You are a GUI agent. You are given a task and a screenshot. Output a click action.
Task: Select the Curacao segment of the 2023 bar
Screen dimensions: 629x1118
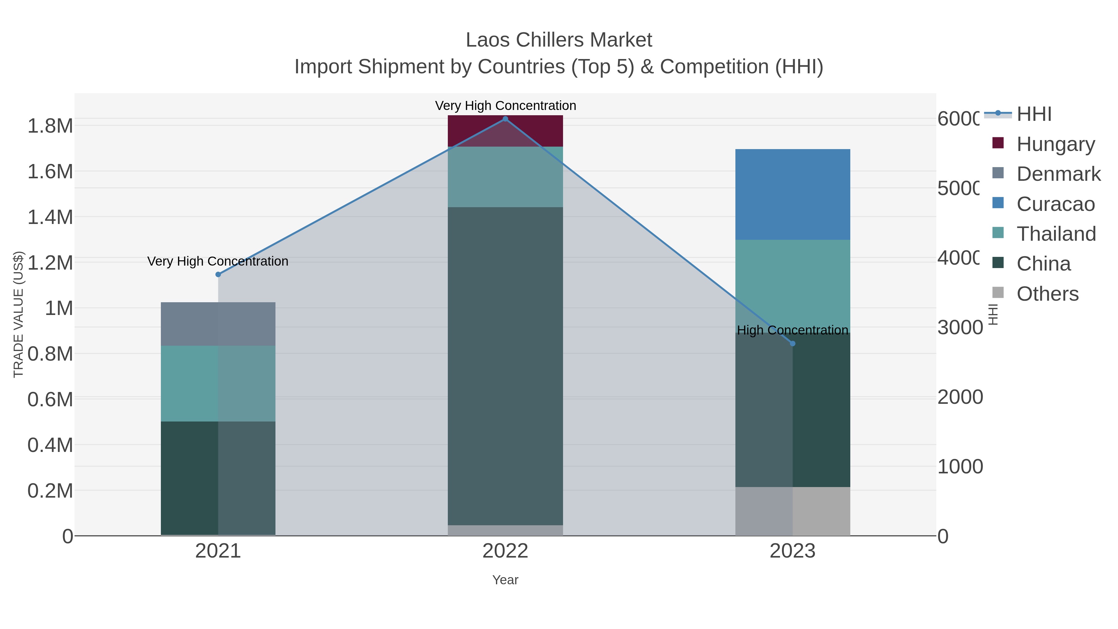[793, 194]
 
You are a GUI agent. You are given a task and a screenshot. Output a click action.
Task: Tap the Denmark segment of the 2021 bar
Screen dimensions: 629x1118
[218, 324]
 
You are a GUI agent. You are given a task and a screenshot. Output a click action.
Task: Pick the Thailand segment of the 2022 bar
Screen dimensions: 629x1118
[505, 177]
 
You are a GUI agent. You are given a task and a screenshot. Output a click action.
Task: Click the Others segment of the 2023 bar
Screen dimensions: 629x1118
[793, 511]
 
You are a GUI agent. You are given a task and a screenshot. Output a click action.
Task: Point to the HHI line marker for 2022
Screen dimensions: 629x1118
[505, 119]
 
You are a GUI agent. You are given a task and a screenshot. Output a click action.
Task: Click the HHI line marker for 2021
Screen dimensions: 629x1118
[218, 274]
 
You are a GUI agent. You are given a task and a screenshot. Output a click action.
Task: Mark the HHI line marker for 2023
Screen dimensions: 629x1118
[793, 343]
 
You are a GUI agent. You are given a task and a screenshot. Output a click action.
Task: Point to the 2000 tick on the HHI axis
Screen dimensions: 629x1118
[960, 397]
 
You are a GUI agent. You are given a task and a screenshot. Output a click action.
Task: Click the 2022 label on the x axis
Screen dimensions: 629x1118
[505, 551]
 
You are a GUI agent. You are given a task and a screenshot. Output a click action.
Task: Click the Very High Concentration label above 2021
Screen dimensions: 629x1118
[218, 261]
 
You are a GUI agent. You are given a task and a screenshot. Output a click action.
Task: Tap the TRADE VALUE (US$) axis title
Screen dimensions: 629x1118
[18, 314]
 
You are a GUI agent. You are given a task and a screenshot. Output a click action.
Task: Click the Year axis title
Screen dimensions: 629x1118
[505, 580]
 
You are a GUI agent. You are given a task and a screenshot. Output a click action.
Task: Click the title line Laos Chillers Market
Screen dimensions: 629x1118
[559, 40]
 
